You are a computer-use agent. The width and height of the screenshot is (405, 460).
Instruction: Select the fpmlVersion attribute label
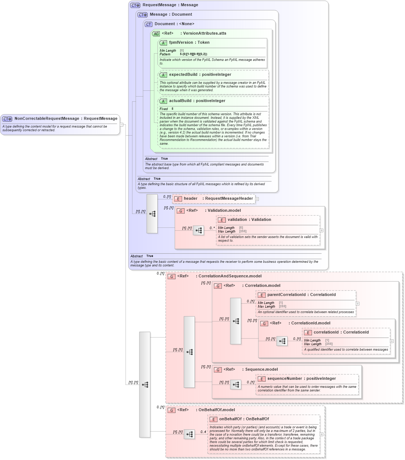[x=181, y=43]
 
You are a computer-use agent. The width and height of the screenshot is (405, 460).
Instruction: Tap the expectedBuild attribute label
[x=183, y=75]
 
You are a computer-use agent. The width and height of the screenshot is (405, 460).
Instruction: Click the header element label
[x=190, y=199]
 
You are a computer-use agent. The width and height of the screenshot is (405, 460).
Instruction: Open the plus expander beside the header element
[x=257, y=199]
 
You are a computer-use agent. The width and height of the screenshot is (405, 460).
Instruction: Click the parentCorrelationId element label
[x=286, y=295]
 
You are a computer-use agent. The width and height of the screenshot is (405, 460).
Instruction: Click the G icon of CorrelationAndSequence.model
[x=171, y=277]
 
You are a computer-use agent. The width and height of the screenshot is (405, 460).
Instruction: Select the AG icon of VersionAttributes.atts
[x=156, y=34]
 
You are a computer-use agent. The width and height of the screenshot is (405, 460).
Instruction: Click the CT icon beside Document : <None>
[x=148, y=24]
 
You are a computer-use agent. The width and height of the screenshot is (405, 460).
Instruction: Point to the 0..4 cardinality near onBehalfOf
[x=203, y=432]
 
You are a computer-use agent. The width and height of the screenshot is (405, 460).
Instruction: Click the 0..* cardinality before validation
[x=212, y=228]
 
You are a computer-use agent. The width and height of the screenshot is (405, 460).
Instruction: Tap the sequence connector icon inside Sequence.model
[x=236, y=385]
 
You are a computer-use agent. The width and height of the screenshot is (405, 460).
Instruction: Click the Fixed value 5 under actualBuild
[x=173, y=109]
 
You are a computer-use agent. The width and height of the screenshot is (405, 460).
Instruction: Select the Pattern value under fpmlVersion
[x=193, y=54]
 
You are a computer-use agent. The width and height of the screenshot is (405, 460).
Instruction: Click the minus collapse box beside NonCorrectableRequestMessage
[x=121, y=125]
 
